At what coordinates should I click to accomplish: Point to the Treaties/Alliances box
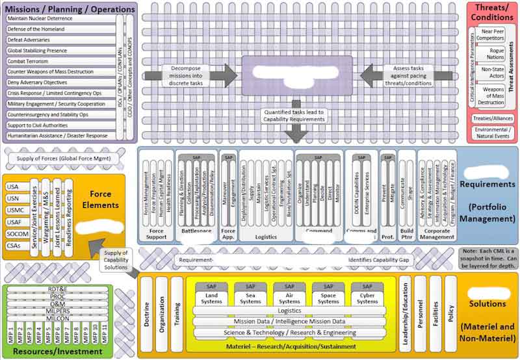493,118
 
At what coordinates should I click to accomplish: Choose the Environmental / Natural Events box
493,133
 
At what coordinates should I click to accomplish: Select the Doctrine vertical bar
146,313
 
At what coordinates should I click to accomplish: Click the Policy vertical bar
451,313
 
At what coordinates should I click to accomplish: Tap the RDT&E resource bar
57,289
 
